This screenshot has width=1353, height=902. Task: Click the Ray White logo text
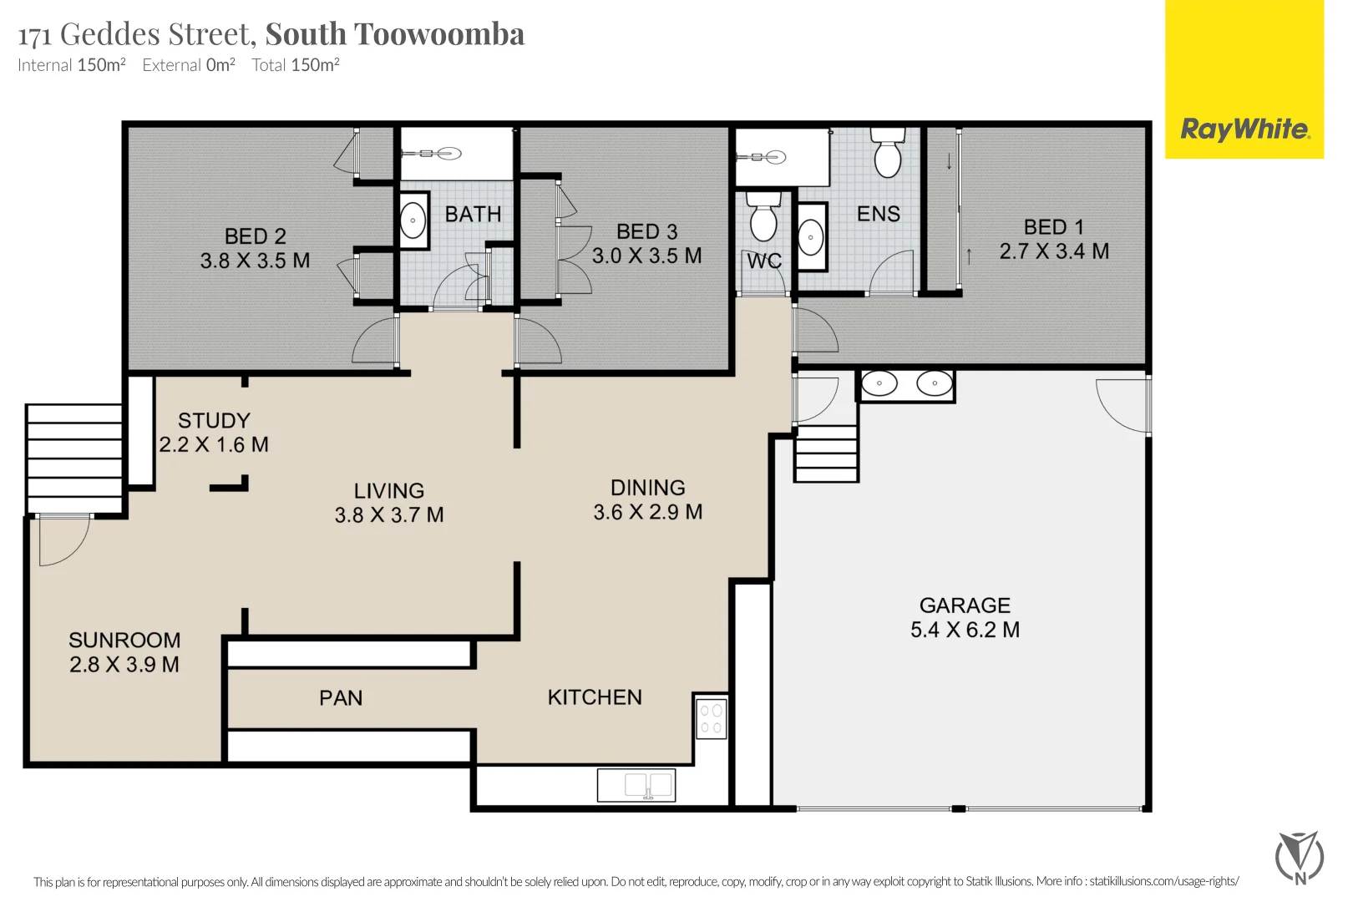(1244, 129)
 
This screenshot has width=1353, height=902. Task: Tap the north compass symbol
(1299, 857)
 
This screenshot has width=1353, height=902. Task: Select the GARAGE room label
(965, 606)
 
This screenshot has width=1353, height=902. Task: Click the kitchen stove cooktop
(712, 718)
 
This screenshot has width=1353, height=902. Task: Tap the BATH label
(473, 215)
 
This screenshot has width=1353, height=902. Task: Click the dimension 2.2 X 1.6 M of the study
(214, 445)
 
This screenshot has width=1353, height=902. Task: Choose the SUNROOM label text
(124, 641)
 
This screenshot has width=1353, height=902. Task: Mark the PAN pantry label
(341, 698)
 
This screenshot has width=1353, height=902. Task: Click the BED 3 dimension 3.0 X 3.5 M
(646, 256)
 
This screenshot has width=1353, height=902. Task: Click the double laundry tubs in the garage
(906, 384)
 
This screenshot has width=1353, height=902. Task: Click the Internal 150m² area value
(101, 65)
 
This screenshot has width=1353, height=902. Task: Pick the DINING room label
(647, 488)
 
